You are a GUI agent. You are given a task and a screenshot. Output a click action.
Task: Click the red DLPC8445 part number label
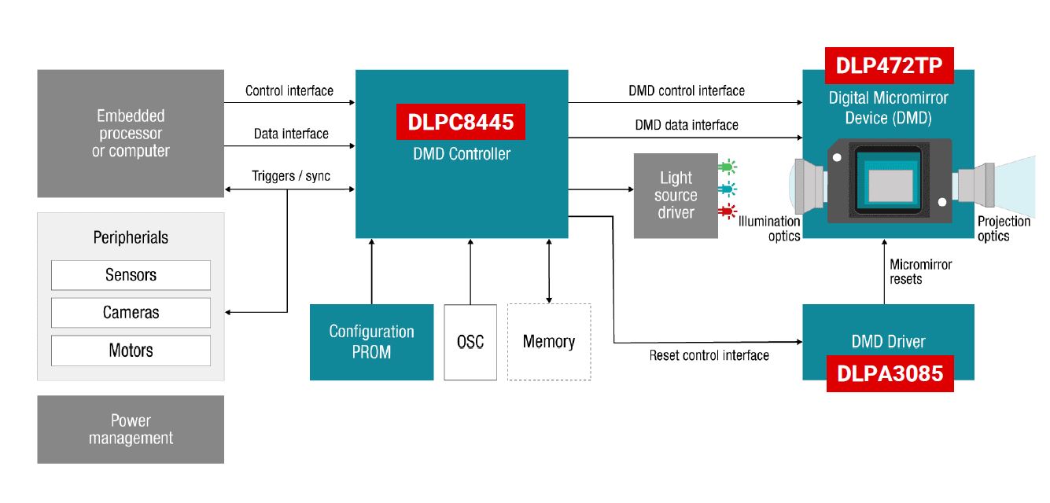pyautogui.click(x=460, y=122)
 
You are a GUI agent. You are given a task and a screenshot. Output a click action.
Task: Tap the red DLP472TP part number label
pyautogui.click(x=889, y=66)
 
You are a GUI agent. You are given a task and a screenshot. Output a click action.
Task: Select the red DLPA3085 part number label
pyautogui.click(x=890, y=373)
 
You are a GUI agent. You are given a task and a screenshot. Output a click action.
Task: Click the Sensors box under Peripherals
pyautogui.click(x=131, y=275)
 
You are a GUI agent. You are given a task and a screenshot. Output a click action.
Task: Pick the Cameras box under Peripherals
pyautogui.click(x=131, y=313)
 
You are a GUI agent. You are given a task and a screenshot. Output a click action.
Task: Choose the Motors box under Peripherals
pyautogui.click(x=131, y=351)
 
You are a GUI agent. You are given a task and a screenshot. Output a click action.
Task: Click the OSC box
pyautogui.click(x=470, y=342)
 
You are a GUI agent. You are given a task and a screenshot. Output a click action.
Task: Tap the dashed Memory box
pyautogui.click(x=549, y=342)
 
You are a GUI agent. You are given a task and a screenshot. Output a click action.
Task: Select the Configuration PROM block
pyautogui.click(x=371, y=342)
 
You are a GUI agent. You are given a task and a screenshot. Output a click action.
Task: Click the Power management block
pyautogui.click(x=131, y=429)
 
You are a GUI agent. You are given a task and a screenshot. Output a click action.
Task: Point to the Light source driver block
pyautogui.click(x=676, y=196)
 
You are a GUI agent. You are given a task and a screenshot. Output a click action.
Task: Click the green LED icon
pyautogui.click(x=728, y=167)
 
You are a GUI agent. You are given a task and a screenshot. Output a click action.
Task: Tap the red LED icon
pyautogui.click(x=728, y=211)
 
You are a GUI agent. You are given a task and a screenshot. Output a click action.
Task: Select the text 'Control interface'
pyautogui.click(x=289, y=91)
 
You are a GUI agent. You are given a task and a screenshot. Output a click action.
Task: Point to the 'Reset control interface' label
pyautogui.click(x=709, y=356)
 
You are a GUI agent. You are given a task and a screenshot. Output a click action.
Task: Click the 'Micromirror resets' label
pyautogui.click(x=920, y=272)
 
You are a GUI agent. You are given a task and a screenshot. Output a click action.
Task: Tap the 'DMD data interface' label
pyautogui.click(x=687, y=125)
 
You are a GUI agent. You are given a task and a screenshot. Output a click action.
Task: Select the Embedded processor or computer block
pyautogui.click(x=131, y=134)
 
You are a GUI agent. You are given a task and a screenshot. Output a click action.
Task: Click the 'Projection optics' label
pyautogui.click(x=1004, y=229)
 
